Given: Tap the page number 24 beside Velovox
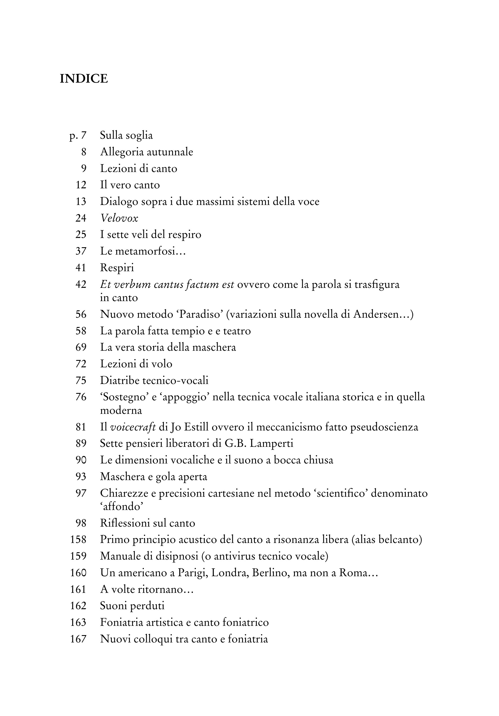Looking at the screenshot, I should pos(81,218).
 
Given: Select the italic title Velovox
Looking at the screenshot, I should pos(119,218).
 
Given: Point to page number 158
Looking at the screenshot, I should pos(78,539).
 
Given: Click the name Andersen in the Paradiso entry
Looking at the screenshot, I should pos(376,314).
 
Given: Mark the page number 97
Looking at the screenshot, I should pos(81,493).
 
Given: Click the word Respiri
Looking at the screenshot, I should pos(117,268).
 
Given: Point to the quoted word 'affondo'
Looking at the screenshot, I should pos(121,506).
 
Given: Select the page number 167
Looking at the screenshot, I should pos(78,639).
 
